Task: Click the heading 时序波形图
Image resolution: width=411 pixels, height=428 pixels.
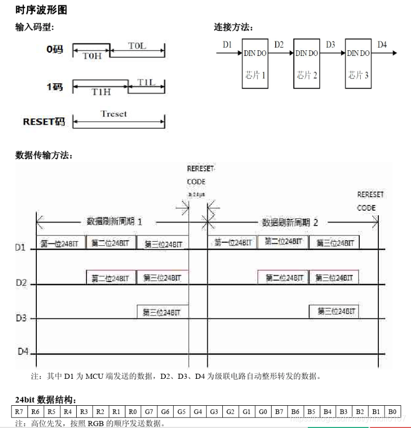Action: click(41, 10)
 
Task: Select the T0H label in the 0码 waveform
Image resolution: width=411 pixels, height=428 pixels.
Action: click(92, 56)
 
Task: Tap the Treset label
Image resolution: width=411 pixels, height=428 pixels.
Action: click(114, 113)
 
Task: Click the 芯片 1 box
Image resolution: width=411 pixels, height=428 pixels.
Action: click(255, 63)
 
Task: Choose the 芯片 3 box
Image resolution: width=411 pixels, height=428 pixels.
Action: click(358, 63)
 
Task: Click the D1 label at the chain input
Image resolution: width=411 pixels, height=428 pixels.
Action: click(228, 45)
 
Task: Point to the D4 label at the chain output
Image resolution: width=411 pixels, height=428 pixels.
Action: click(382, 45)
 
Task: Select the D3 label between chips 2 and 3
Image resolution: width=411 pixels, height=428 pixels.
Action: click(331, 45)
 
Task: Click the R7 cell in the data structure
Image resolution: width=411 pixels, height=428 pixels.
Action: click(19, 412)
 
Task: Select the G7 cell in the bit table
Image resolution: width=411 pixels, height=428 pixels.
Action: click(149, 412)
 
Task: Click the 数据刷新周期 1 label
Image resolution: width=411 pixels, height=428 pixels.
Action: click(114, 222)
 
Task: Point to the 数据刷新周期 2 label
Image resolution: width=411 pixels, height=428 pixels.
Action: click(290, 223)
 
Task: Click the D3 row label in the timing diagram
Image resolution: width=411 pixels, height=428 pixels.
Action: click(21, 318)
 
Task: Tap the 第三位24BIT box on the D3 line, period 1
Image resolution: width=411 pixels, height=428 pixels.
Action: click(162, 312)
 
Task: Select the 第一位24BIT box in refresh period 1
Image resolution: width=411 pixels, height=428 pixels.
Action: click(61, 243)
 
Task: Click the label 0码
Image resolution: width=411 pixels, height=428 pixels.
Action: click(54, 50)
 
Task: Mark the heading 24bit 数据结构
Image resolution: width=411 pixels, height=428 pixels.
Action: click(47, 400)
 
